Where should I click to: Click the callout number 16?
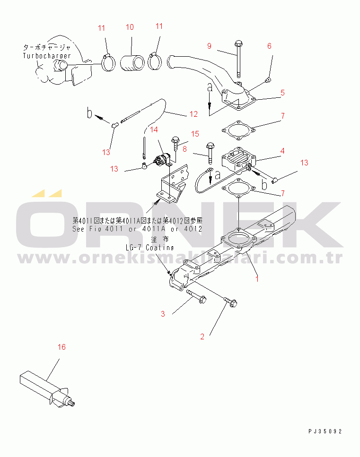61,347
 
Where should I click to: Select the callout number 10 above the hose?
130,27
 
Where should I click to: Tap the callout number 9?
209,46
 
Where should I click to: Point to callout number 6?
269,46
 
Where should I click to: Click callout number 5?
282,93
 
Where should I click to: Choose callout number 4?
282,151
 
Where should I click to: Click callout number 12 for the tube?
193,114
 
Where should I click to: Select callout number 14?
154,129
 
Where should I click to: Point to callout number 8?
185,149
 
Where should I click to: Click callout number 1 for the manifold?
257,279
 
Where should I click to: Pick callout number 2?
202,336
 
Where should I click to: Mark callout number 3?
162,314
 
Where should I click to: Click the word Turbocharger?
46,56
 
